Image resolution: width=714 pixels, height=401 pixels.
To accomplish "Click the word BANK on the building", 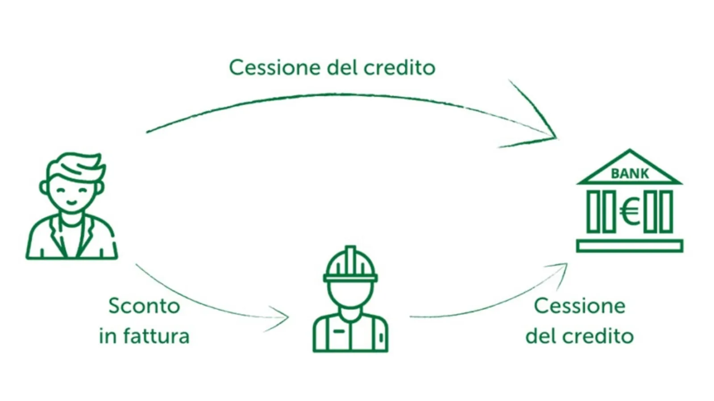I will pyautogui.click(x=629, y=174).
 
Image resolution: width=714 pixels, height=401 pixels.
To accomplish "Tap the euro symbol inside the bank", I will pyautogui.click(x=629, y=212).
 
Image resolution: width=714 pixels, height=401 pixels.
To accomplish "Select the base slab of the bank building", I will pyautogui.click(x=629, y=246).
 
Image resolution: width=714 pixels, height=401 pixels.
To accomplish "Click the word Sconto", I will pyautogui.click(x=144, y=306).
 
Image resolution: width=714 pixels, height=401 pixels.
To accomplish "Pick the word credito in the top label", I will pyautogui.click(x=399, y=68).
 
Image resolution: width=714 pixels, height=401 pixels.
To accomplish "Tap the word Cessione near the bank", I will pyautogui.click(x=579, y=306).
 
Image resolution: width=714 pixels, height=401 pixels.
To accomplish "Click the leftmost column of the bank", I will pyautogui.click(x=593, y=211).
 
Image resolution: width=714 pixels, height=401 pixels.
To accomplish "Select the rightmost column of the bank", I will pyautogui.click(x=666, y=211).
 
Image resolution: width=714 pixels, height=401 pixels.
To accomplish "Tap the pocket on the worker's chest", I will pyautogui.click(x=339, y=331).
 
